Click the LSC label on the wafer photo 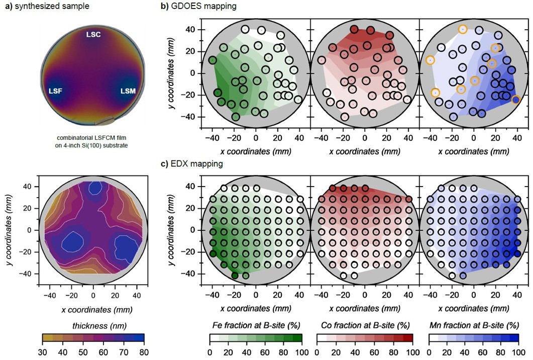tap(93, 33)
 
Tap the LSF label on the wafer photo tap(56, 91)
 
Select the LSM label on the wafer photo tap(128, 91)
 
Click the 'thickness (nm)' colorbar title tap(93, 324)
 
